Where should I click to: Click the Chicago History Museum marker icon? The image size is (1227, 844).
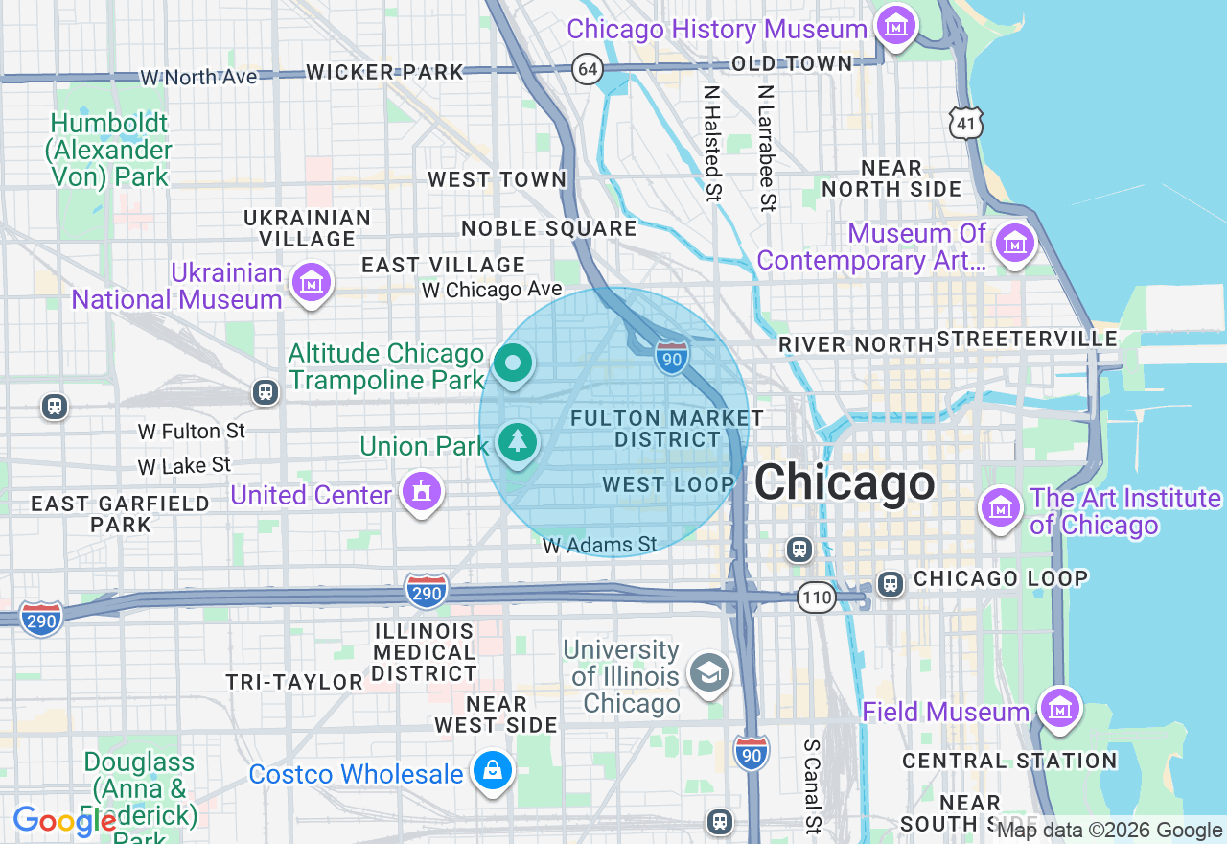896,26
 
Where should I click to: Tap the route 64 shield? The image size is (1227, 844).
589,69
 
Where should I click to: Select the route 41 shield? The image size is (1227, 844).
966,123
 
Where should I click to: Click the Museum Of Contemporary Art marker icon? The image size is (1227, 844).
1014,243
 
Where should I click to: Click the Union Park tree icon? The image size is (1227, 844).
518,442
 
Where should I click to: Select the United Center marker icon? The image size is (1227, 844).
421,492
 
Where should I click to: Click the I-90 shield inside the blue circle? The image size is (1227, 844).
672,358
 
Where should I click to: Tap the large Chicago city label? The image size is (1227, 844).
844,482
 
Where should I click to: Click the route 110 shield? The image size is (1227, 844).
817,598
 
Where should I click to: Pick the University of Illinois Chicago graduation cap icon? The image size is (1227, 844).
709,672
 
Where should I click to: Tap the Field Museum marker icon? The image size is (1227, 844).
1060,709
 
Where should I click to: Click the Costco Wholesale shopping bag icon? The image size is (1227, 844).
493,771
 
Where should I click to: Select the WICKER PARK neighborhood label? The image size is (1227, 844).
384,72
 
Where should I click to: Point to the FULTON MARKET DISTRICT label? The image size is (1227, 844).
667,429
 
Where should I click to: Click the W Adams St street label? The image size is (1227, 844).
600,546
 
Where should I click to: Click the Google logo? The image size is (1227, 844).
64,821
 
